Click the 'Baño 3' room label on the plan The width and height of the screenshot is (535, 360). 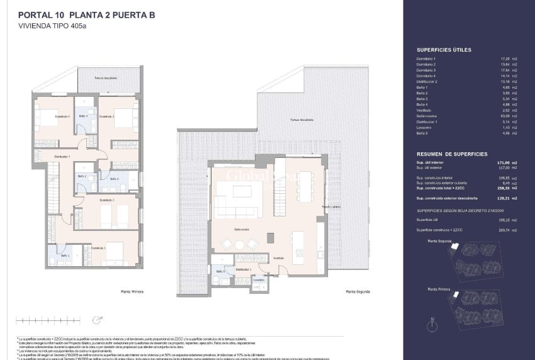pos(114,179)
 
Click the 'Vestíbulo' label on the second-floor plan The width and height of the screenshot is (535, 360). pos(279,257)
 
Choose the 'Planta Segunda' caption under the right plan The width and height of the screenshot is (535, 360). pos(358,292)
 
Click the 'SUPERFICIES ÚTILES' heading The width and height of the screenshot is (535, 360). pos(444,50)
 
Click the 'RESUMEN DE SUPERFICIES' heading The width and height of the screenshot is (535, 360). pos(451,154)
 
